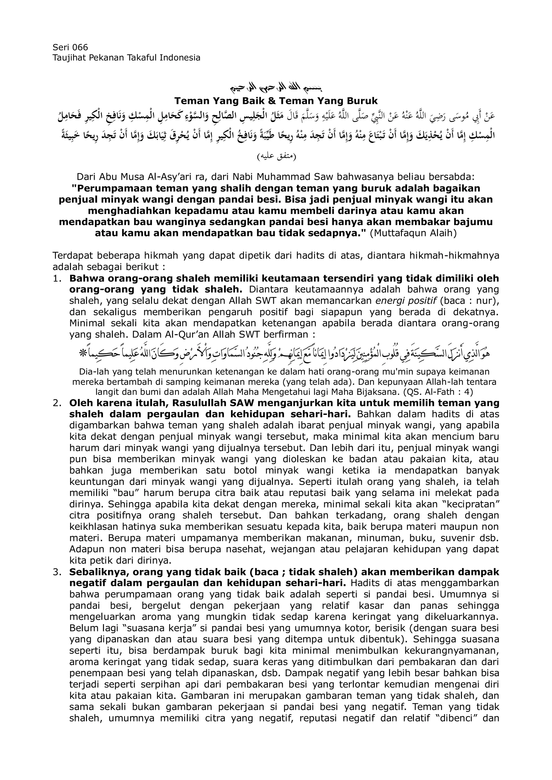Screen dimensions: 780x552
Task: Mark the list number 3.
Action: click(x=57, y=572)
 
